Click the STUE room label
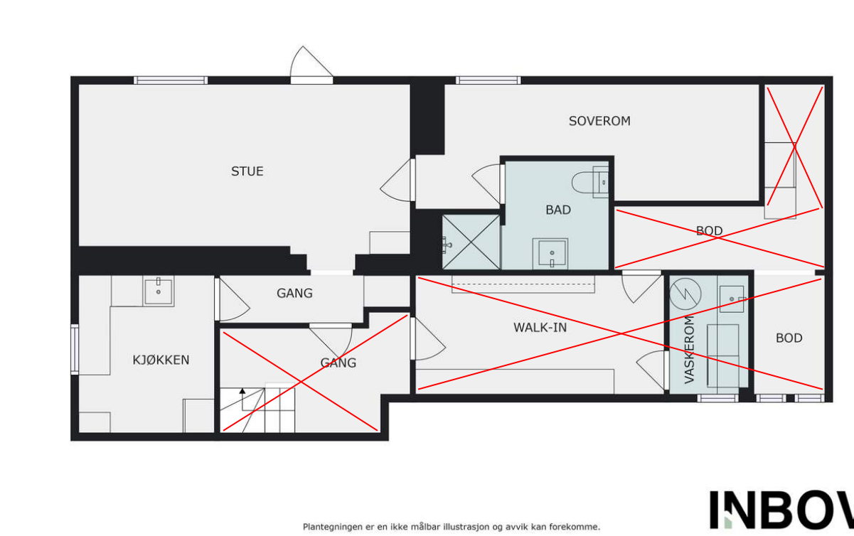247,171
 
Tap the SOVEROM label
599,121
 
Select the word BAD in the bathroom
557,210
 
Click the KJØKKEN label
161,360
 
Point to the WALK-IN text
540,327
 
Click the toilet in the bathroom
591,182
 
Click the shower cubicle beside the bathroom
471,242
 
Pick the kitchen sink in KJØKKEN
159,290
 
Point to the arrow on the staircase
242,391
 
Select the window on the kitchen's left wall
74,349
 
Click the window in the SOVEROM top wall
488,80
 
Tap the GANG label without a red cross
294,293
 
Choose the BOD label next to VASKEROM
789,338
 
